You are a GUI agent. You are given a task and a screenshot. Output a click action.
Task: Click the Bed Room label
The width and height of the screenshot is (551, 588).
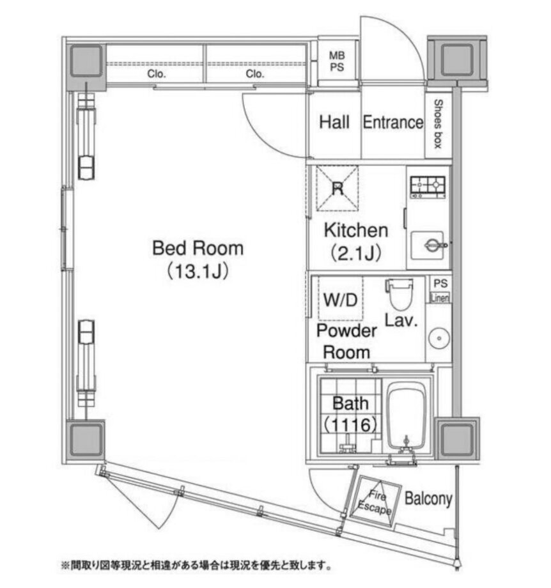pos(198,248)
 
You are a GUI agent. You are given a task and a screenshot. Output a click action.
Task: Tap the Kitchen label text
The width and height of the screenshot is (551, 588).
pos(356,230)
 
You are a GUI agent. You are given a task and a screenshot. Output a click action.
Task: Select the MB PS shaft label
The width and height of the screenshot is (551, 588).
pos(337,61)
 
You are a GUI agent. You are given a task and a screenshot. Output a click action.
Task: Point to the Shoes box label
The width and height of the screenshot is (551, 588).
pos(438,124)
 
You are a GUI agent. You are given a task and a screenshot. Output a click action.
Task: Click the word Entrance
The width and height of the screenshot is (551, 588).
pos(393,122)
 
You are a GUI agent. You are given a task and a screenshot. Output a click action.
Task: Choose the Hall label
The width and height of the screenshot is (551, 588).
pos(334,122)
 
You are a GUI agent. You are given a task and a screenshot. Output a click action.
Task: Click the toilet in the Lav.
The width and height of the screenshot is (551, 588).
pos(400,294)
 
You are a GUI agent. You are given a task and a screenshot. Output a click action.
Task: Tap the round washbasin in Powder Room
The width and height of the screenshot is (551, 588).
pos(439,338)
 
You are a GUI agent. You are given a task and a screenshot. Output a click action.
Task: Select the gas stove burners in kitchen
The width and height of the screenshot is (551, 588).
pos(428,187)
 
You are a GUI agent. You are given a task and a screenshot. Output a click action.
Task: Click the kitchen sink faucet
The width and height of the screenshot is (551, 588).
pos(435,245)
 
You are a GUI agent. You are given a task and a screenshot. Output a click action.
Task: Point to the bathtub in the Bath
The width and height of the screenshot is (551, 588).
pos(408,416)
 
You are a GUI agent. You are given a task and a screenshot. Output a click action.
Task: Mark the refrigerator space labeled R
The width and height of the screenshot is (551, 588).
pos(338,189)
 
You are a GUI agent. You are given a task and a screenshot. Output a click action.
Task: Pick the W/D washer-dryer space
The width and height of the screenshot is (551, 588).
pos(341,298)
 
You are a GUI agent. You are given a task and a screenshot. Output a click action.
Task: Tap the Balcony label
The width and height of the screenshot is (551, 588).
pos(428,499)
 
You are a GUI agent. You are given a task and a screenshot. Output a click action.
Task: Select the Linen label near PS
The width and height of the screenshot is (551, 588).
pos(440,298)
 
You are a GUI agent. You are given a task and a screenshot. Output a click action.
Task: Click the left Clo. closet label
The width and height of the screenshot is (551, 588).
pos(157,74)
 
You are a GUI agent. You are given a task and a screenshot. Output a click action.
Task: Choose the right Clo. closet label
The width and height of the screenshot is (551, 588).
pos(255,74)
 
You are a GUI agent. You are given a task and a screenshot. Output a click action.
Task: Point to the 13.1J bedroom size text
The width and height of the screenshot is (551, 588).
pos(198,272)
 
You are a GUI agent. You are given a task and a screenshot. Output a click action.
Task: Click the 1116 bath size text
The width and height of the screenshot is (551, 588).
pos(350,425)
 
